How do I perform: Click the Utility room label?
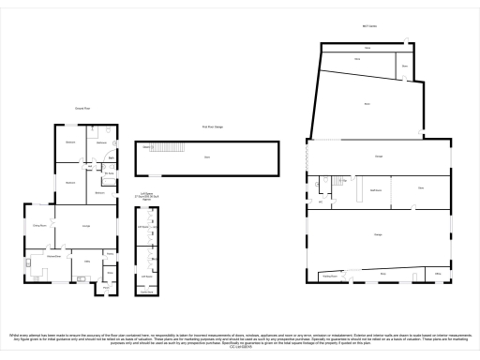click(88, 261)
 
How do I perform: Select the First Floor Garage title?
click(205, 127)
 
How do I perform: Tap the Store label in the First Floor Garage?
click(206, 157)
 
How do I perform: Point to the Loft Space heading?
click(146, 193)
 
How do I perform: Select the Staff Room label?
click(377, 190)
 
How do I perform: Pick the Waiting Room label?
click(329, 277)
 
